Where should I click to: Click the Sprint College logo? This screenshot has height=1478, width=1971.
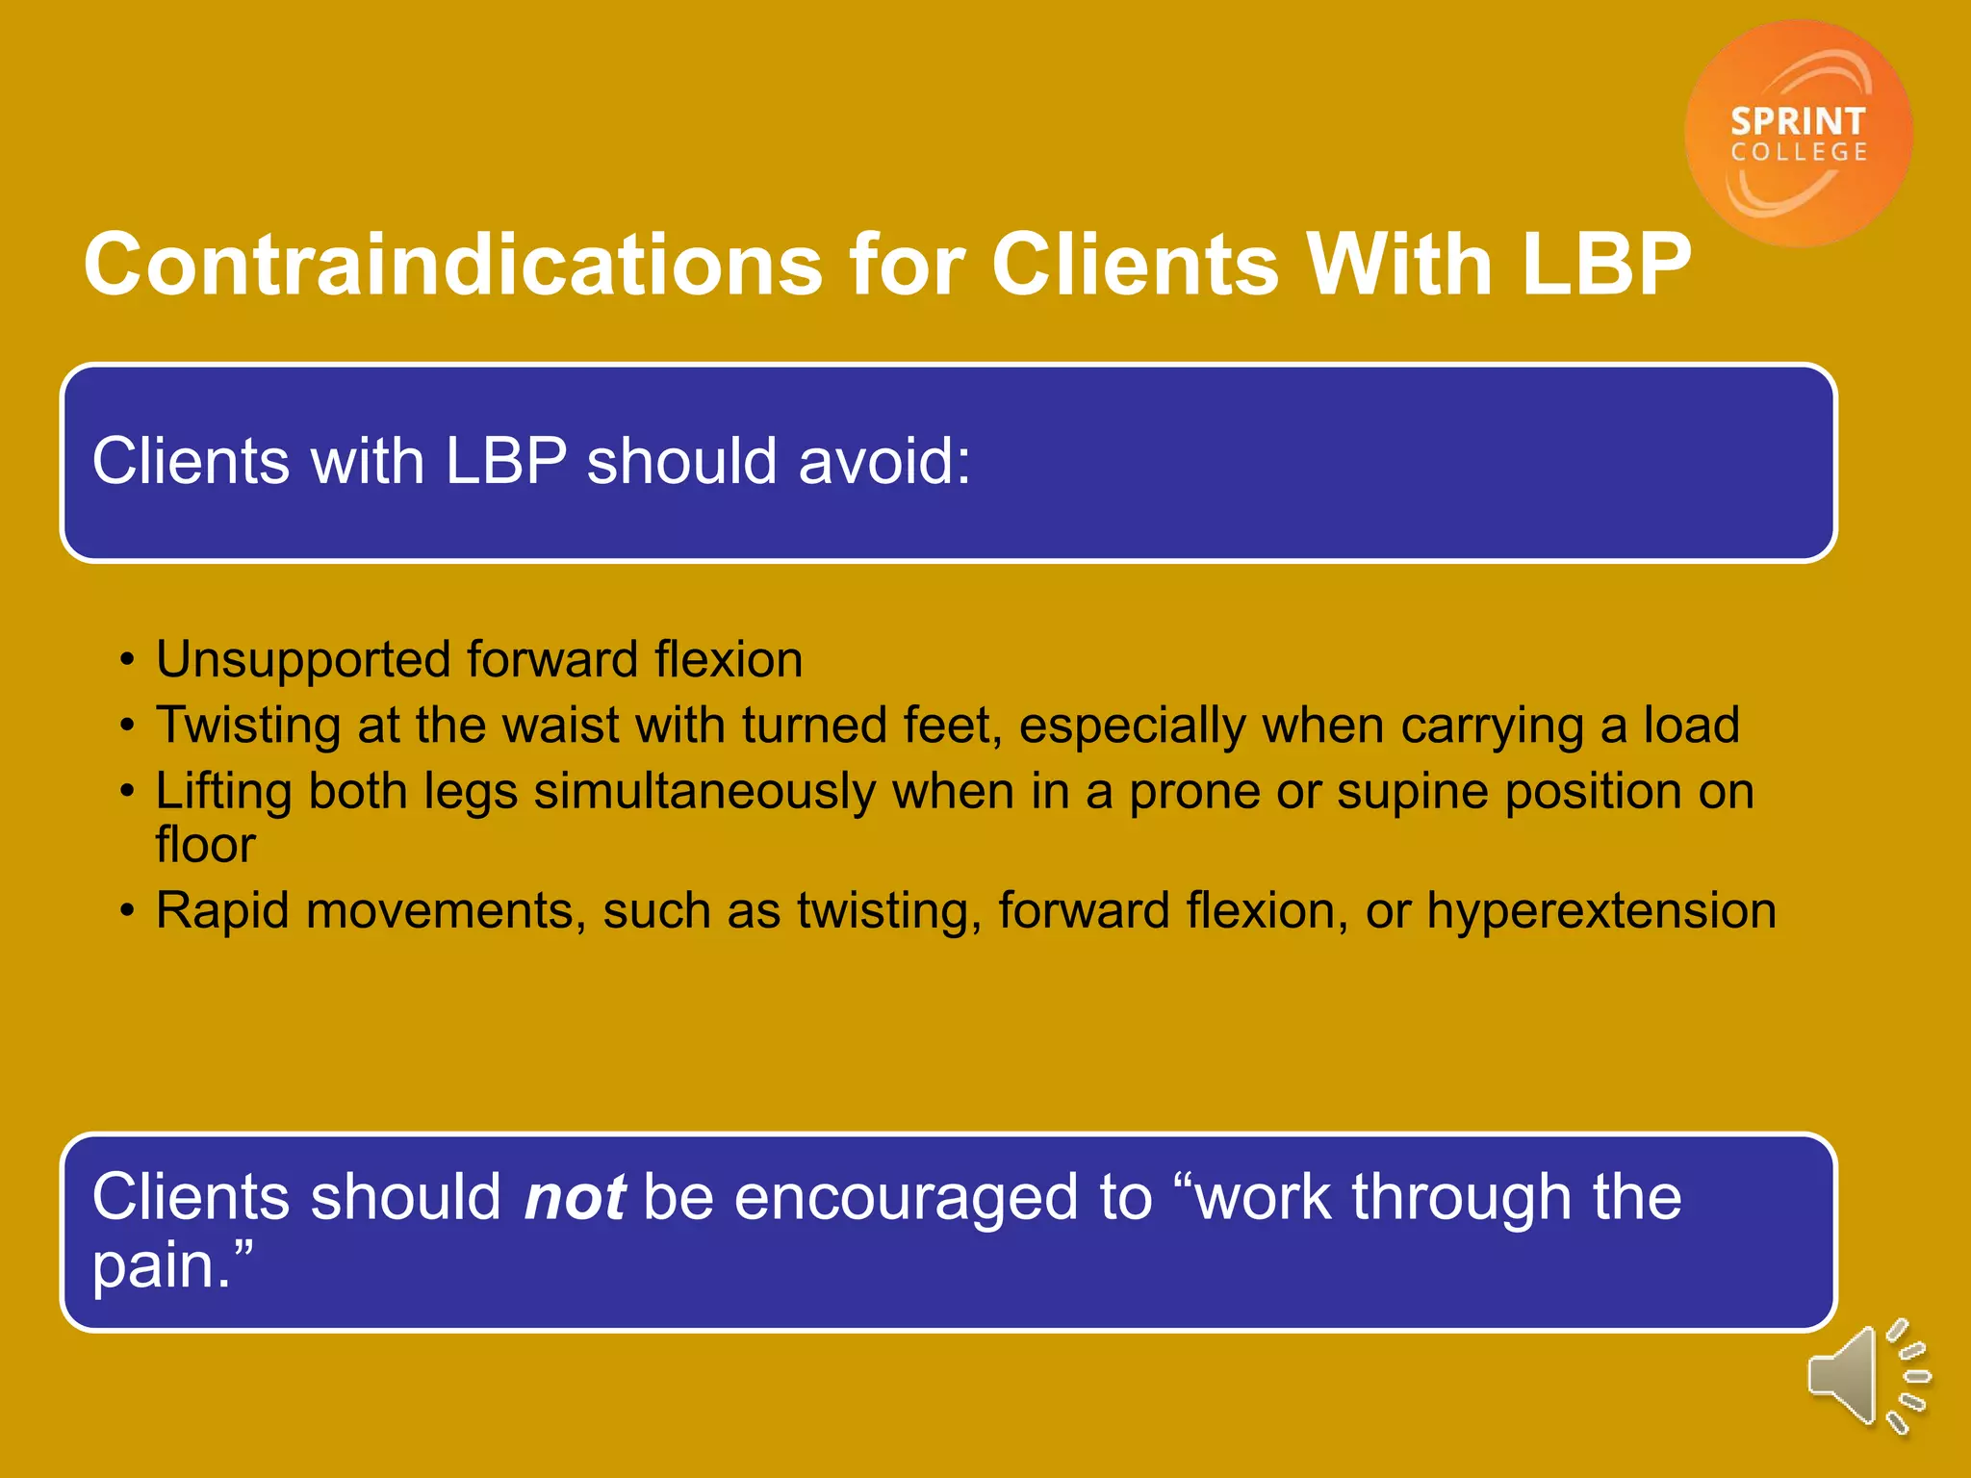pos(1798,134)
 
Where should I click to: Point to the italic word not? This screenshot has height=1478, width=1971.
pos(575,1197)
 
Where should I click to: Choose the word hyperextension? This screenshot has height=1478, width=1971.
pos(1600,911)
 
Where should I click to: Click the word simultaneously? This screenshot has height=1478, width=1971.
pos(704,792)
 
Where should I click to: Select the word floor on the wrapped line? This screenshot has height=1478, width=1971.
pos(205,845)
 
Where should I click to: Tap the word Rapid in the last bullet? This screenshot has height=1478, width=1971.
pos(222,910)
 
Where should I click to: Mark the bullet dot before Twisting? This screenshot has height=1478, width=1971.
pos(127,726)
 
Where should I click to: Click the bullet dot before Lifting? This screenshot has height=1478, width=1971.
pos(127,793)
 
